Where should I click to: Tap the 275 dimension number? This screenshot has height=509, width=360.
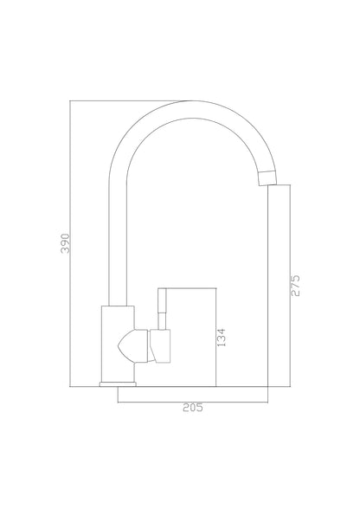click(295, 286)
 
